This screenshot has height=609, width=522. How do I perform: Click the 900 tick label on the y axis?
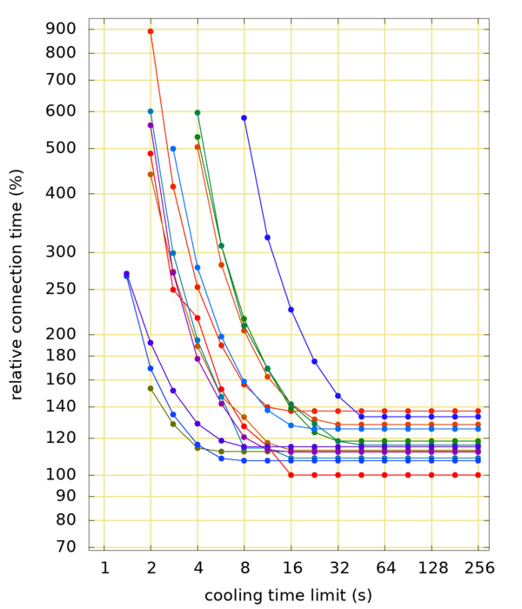(62, 29)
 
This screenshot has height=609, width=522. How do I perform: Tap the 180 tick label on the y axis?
(62, 356)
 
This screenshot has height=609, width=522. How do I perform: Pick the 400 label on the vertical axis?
(62, 194)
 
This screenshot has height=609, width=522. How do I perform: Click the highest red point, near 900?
(151, 31)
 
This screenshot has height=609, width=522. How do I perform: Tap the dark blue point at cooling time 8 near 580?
(244, 117)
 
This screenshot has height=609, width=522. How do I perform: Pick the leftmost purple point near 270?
(127, 274)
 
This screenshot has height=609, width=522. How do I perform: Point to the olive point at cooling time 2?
(151, 388)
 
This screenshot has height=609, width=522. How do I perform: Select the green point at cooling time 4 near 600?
(197, 112)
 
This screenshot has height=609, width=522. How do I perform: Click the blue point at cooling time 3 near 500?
(173, 149)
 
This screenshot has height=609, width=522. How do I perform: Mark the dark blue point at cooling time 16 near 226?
(291, 310)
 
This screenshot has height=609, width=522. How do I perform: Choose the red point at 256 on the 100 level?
(478, 475)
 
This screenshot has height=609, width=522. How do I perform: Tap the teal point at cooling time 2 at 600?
(151, 111)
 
